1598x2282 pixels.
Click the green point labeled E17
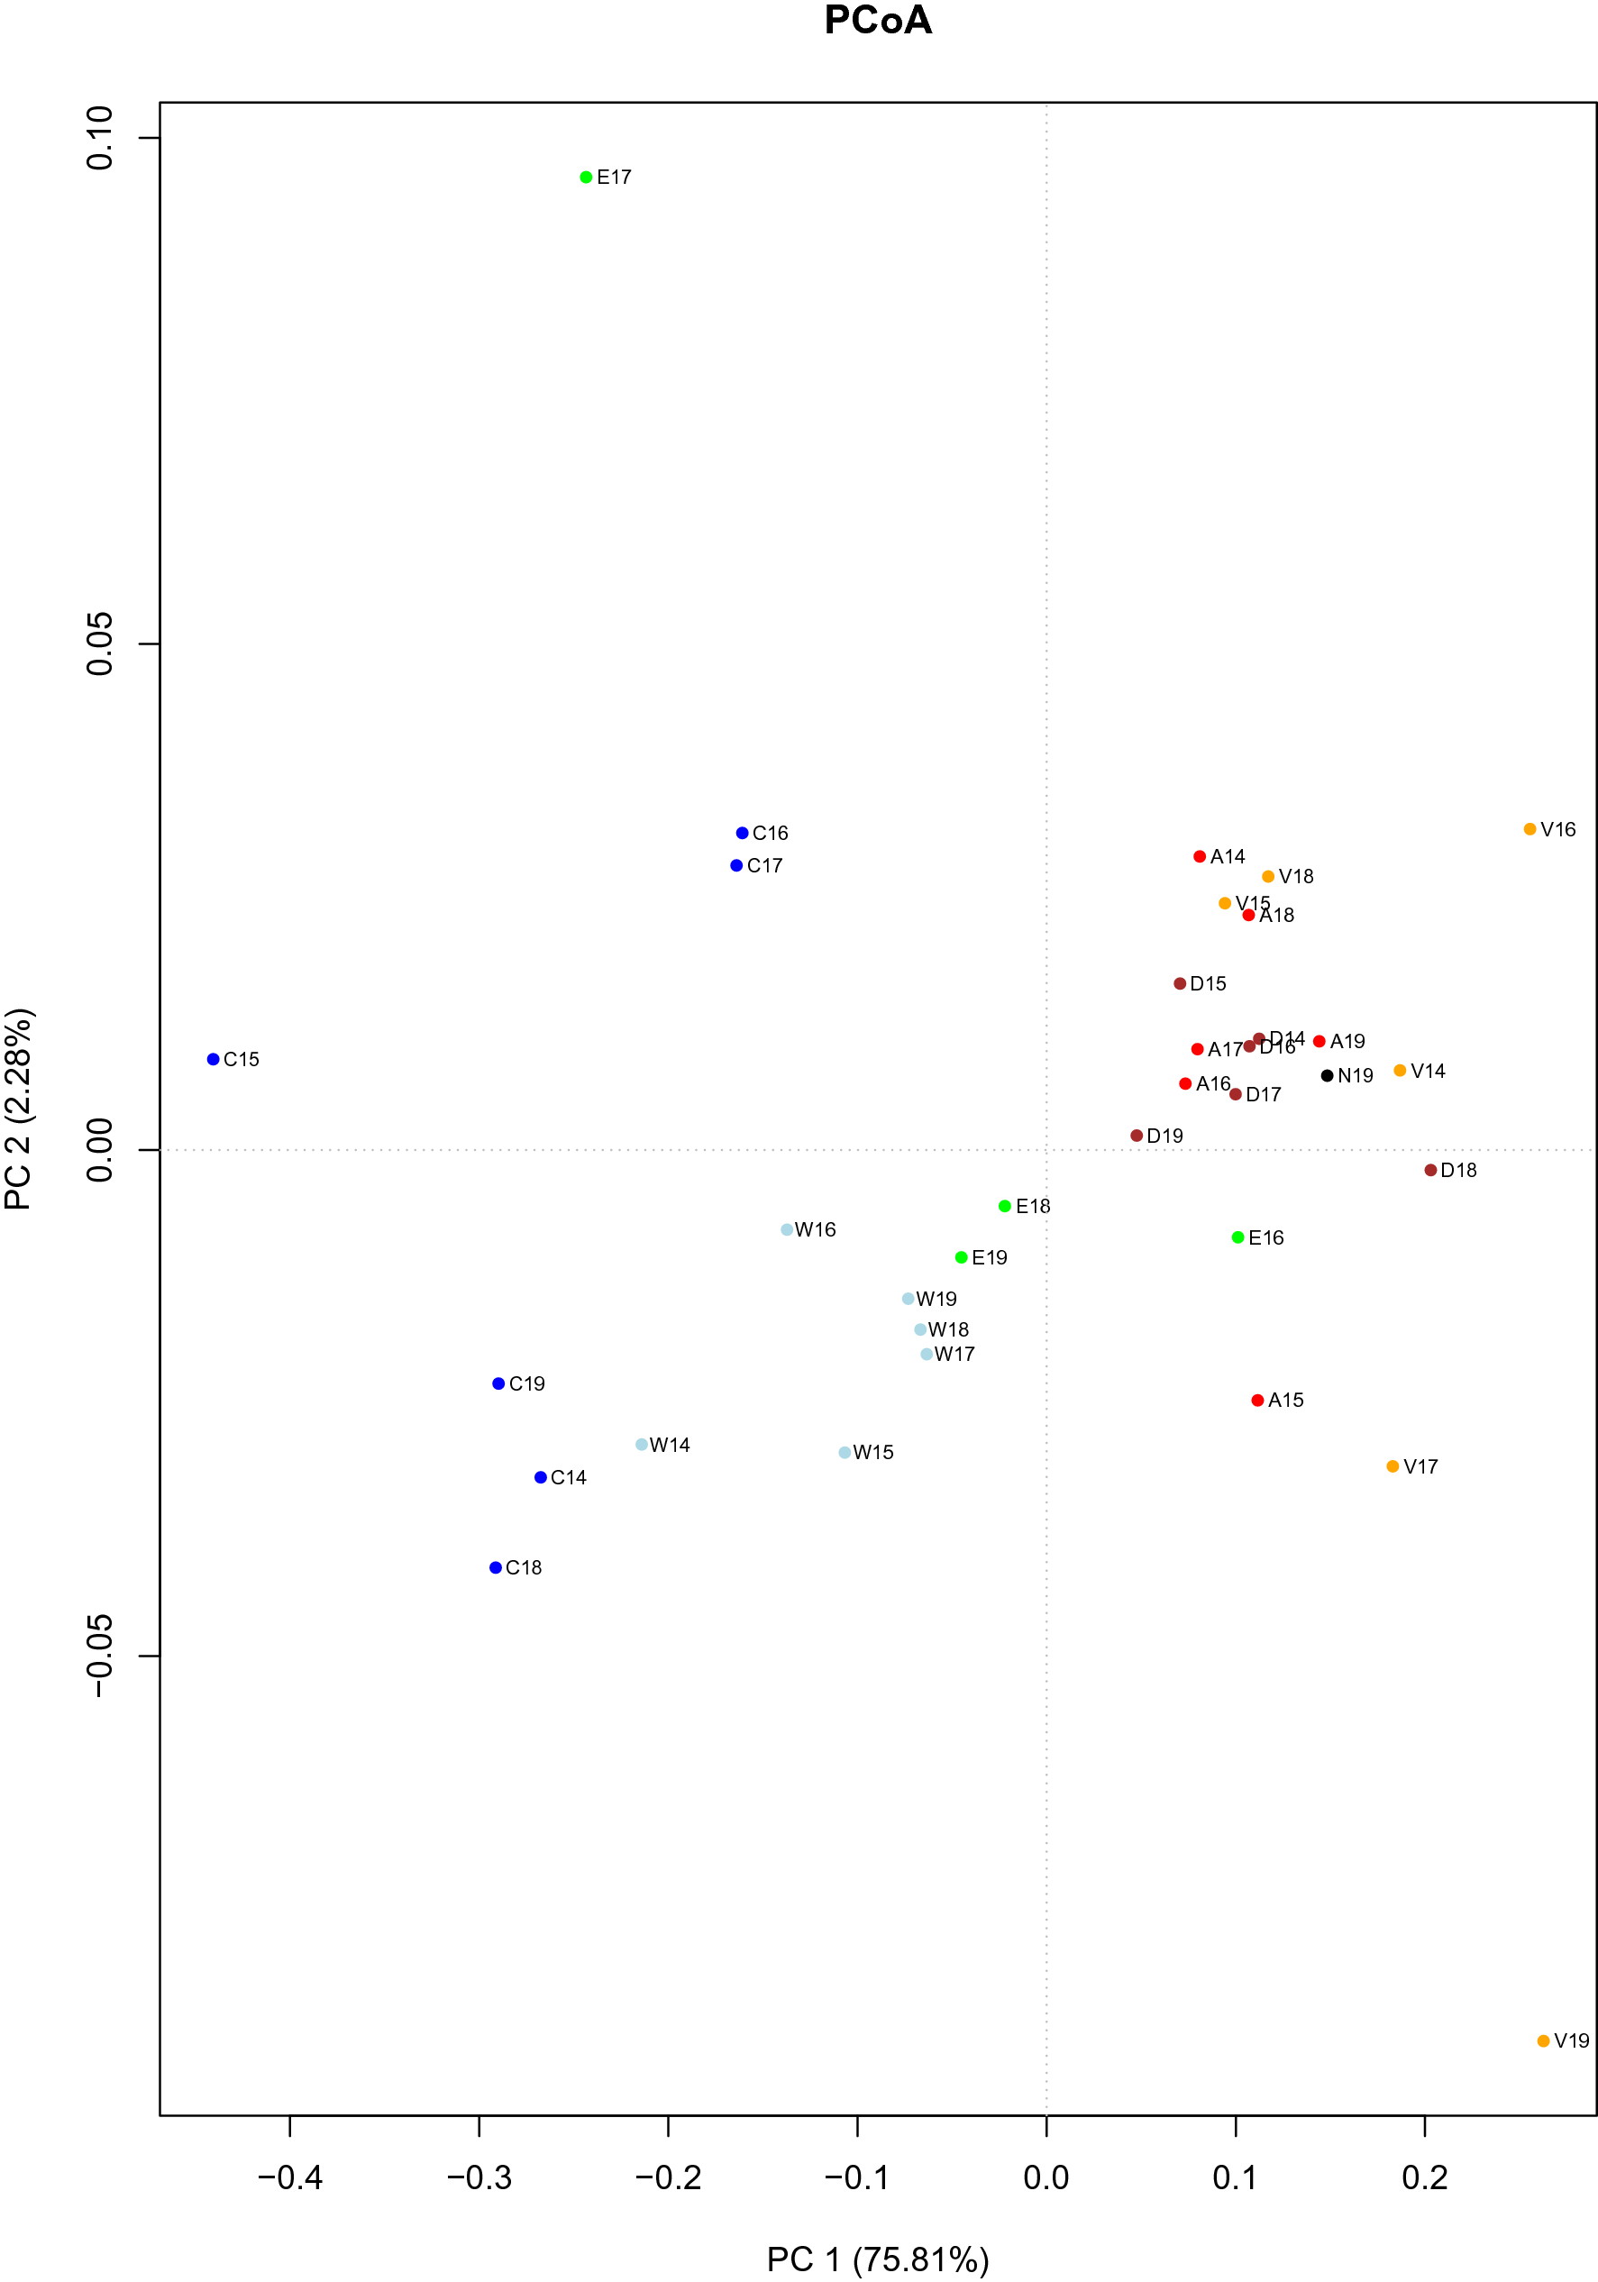tap(587, 177)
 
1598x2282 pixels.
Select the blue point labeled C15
tap(213, 1060)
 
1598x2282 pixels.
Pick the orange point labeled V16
tap(1530, 829)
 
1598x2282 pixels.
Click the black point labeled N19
tap(1327, 1075)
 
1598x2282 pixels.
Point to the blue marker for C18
tap(496, 1567)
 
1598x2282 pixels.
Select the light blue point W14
tap(642, 1444)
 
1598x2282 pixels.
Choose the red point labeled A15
tap(1258, 1401)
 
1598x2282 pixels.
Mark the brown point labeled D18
tap(1431, 1170)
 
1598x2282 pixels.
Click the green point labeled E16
tap(1238, 1237)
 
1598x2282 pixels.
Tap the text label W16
tap(815, 1229)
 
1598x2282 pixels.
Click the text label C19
tap(526, 1383)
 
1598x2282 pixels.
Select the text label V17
tap(1420, 1466)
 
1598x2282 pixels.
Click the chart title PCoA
tap(878, 21)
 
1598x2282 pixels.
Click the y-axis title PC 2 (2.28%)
tap(20, 1109)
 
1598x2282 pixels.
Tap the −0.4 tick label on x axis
tap(290, 2177)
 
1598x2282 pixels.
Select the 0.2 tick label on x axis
tap(1425, 2177)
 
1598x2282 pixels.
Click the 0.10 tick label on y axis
tap(99, 138)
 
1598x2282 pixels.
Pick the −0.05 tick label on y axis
tap(99, 1656)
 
